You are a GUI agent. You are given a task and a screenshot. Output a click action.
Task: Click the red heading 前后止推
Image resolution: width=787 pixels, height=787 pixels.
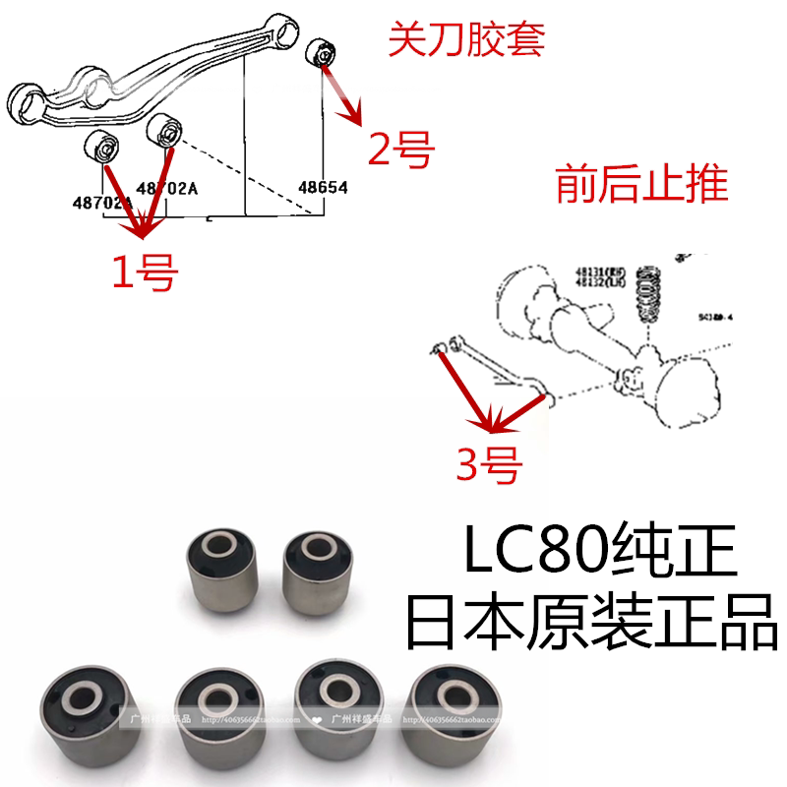pyautogui.click(x=641, y=184)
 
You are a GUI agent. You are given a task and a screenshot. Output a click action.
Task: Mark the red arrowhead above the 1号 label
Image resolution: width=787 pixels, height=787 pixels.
pyautogui.click(x=142, y=233)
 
